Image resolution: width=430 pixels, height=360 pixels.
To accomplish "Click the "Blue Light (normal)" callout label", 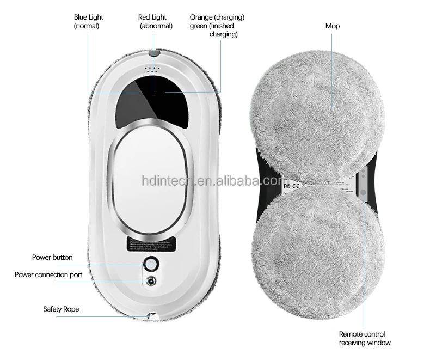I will coord(88,21).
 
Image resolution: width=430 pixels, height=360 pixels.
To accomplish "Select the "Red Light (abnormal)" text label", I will coord(156,21).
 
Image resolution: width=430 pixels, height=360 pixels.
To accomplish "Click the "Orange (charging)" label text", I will coord(217,17).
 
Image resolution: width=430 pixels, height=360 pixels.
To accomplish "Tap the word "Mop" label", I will coord(333,26).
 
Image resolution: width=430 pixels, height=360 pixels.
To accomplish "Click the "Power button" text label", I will coord(52,257).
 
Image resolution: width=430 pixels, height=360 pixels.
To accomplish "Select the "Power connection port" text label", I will coord(48,275).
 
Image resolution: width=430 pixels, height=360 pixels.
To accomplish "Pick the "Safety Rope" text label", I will coord(61,309).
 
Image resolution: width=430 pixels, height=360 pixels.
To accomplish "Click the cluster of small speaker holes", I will coord(152,70).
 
